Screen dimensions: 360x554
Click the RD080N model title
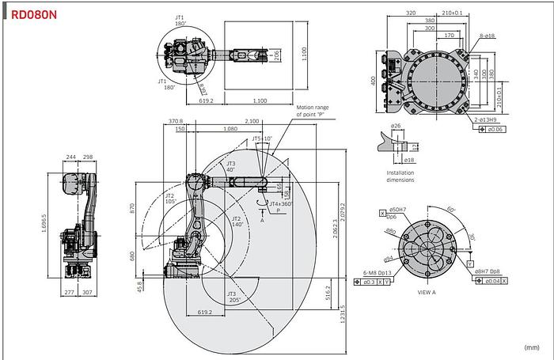coord(34,13)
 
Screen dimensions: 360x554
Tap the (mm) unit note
coord(531,347)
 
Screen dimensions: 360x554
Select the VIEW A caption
coord(427,292)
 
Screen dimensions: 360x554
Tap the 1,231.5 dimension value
coord(342,314)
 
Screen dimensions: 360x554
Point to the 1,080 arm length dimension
coord(230,128)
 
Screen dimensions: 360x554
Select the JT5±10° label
coord(261,138)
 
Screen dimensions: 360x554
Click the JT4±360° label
coord(280,203)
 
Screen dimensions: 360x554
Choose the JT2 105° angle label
coord(169,199)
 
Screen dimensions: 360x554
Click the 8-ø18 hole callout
coord(486,36)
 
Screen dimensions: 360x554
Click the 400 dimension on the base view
coord(372,82)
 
